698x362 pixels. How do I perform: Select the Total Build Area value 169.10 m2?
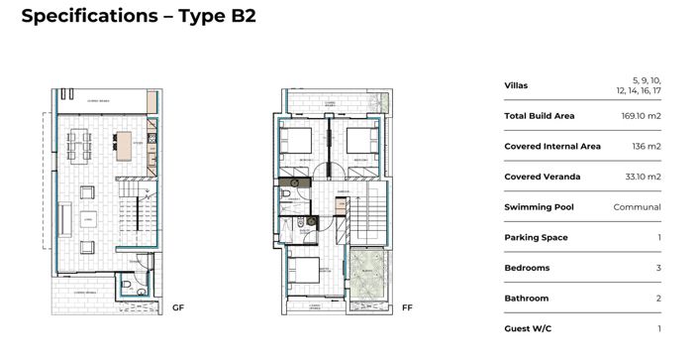click(x=641, y=116)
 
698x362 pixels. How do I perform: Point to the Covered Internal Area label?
click(x=552, y=147)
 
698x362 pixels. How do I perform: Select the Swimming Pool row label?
click(x=539, y=207)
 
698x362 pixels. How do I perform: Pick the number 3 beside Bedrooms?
click(x=658, y=268)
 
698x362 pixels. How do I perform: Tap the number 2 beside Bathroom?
click(x=658, y=298)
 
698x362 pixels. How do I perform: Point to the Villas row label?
click(x=516, y=85)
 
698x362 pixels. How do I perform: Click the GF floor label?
click(x=178, y=307)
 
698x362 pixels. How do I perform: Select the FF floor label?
click(x=407, y=307)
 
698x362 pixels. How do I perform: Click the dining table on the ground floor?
click(x=79, y=147)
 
